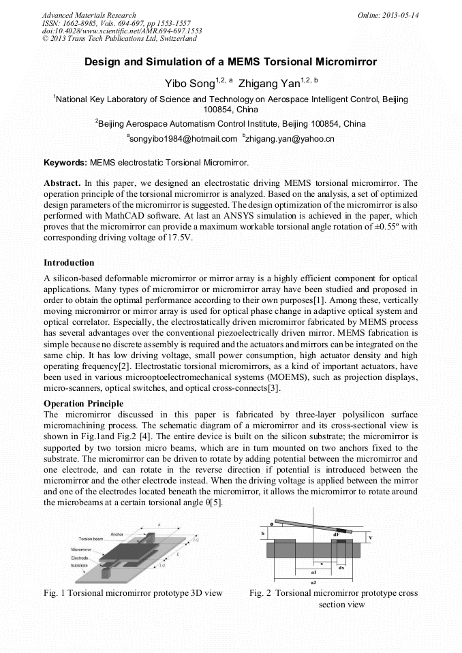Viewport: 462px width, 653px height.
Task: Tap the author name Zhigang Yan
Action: [x=266, y=83]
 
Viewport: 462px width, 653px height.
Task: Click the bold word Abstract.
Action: [x=62, y=183]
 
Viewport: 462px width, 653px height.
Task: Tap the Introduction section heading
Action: [x=69, y=262]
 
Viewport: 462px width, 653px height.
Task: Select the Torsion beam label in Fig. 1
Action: [x=92, y=539]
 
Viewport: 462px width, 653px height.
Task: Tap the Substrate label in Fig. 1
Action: [x=80, y=565]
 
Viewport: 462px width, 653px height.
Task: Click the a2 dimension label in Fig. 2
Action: [x=313, y=583]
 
